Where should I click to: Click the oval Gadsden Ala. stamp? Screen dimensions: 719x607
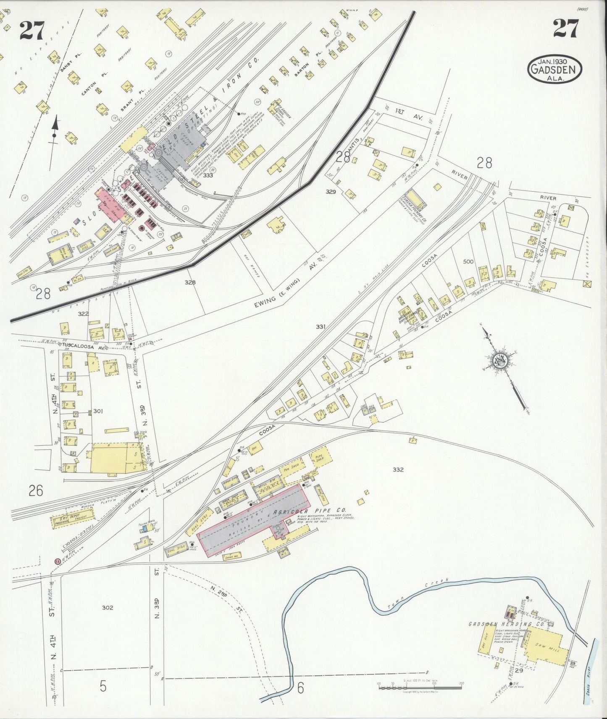click(x=554, y=68)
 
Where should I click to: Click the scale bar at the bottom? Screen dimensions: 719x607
click(x=420, y=687)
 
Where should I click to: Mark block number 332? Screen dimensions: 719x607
click(x=398, y=469)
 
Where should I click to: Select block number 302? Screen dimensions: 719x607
click(x=108, y=607)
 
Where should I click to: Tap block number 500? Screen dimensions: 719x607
click(x=468, y=261)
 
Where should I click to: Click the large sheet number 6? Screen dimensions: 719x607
click(x=300, y=687)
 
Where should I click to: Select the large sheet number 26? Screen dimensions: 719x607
click(x=36, y=490)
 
